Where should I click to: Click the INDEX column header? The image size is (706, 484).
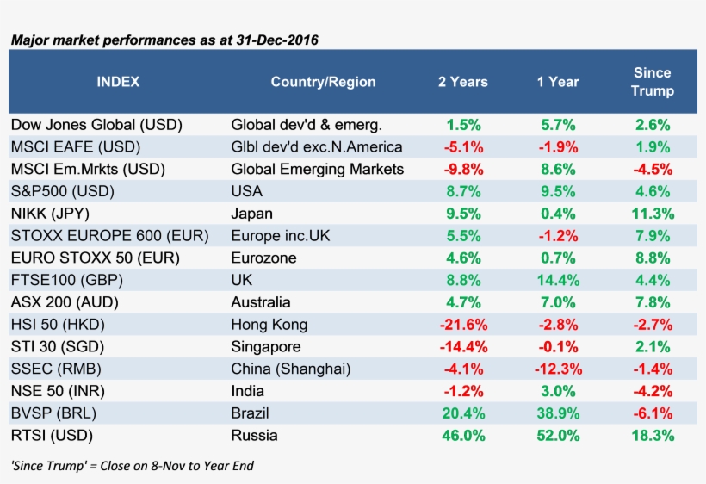click(118, 82)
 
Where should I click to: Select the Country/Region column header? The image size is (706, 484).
click(323, 82)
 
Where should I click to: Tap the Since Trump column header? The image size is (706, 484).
click(652, 82)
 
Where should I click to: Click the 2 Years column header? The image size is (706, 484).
click(462, 82)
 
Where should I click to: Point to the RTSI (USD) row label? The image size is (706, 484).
click(52, 436)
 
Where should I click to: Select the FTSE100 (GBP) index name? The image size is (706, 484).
click(64, 280)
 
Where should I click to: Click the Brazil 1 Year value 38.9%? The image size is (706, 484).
click(557, 413)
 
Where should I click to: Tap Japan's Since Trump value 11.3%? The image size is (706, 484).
click(652, 214)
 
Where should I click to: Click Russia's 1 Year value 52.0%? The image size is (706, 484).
click(557, 436)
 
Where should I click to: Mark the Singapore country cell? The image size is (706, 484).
click(266, 347)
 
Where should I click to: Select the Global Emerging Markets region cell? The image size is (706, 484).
click(318, 169)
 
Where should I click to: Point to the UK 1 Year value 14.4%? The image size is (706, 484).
click(557, 280)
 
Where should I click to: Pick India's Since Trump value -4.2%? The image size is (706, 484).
click(652, 391)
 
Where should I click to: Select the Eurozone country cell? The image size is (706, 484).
click(263, 258)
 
